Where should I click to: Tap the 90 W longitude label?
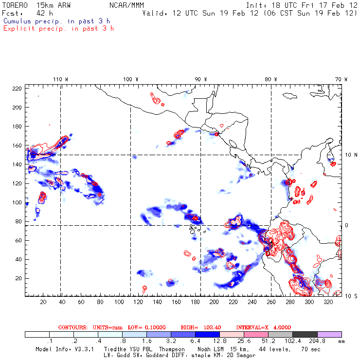pos(200,79)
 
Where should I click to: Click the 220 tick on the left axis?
pos(18,89)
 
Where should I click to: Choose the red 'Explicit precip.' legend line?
pos(58,28)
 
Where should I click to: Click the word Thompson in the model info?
pos(171,349)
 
